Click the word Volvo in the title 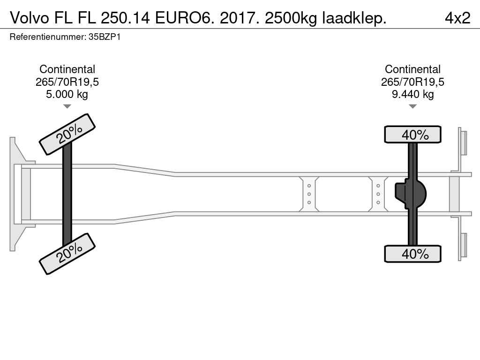tap(30, 18)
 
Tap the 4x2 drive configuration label tap(457, 18)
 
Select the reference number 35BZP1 tap(105, 37)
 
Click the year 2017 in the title tap(238, 18)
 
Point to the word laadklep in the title tap(354, 19)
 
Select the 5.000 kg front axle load tap(67, 94)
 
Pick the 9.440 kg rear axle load tap(412, 94)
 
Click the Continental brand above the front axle tap(67, 69)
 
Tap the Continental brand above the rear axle tap(412, 69)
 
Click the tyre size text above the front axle tap(67, 82)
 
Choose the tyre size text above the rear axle tap(412, 82)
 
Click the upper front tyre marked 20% tap(67, 134)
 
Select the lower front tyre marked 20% tap(67, 254)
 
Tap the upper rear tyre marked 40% tap(412, 134)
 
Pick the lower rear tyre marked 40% tap(412, 254)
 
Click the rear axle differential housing tap(411, 194)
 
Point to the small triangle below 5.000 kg tap(67, 106)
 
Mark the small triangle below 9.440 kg tap(412, 106)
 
